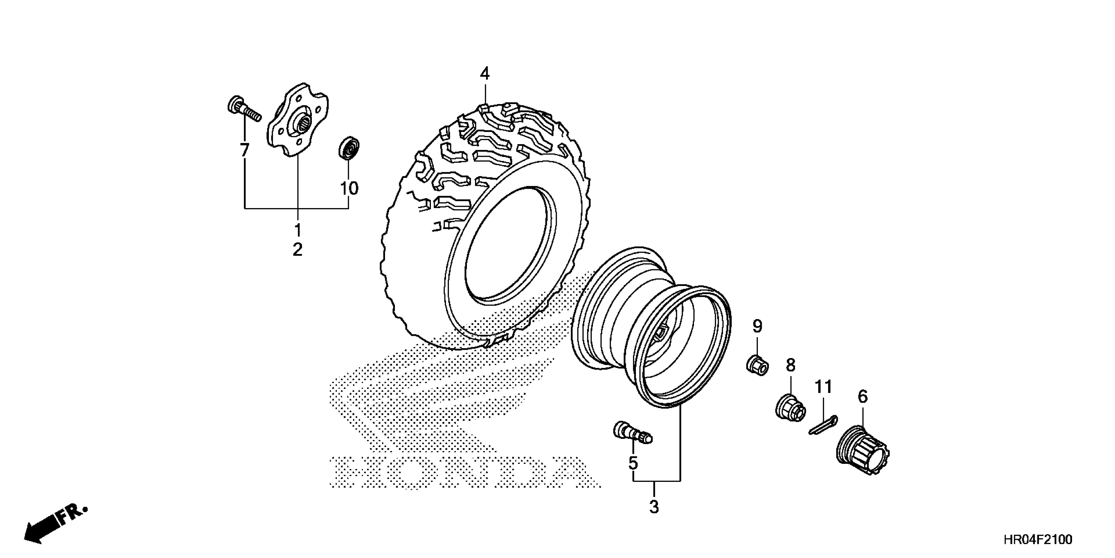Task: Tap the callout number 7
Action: [245, 150]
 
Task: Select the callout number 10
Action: [349, 188]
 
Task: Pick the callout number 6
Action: [863, 397]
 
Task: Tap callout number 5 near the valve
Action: [633, 463]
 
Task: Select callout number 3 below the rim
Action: [654, 507]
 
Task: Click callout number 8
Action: [790, 365]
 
